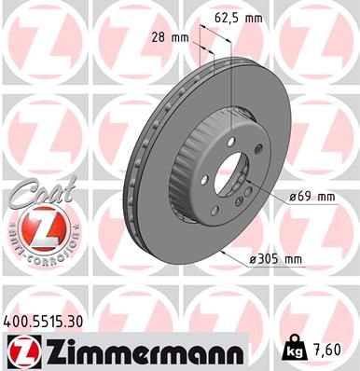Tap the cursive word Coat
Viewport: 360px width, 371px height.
[x=35, y=194]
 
